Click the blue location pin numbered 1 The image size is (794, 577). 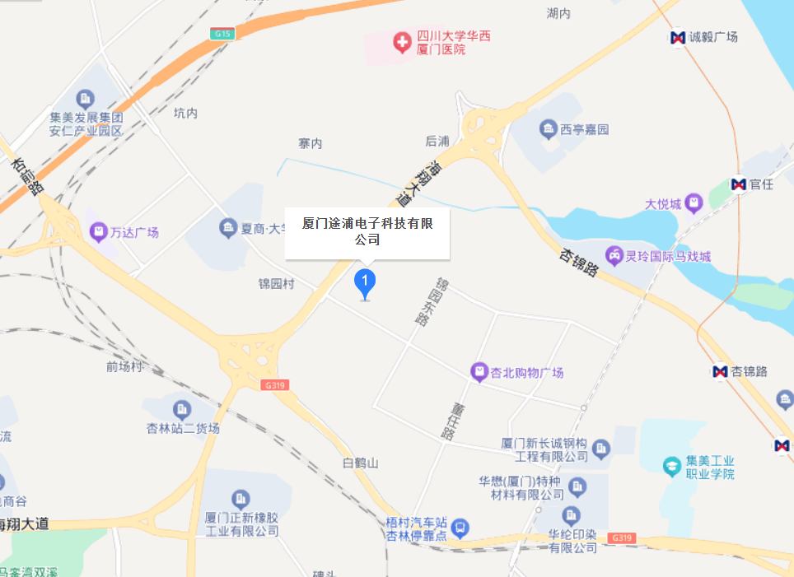coord(365,283)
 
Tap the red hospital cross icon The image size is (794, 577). coord(402,43)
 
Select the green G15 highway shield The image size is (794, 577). coord(221,34)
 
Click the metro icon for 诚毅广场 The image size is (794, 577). coord(678,37)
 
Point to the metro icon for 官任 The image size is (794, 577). coord(738,184)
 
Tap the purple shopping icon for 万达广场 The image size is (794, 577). coord(99,232)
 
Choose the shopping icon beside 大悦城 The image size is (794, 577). coord(694,202)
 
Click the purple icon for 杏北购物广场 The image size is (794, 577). coord(479,372)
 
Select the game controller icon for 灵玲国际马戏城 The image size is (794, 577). coord(614,256)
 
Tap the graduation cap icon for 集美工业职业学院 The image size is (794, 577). coord(672,466)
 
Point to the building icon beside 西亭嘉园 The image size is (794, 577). coord(548,129)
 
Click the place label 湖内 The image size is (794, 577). coord(558,13)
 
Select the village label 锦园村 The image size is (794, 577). coord(277,284)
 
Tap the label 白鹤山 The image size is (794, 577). coord(361,463)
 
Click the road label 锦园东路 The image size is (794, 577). coord(433,301)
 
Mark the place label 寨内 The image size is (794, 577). coord(311,143)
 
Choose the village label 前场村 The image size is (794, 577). coord(124,366)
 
